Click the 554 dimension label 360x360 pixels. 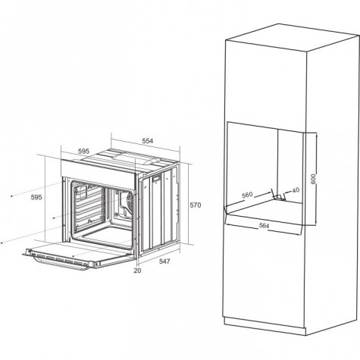[x=148, y=141]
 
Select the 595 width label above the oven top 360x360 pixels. [x=83, y=151]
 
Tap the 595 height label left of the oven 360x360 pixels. [x=36, y=197]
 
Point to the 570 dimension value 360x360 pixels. [x=196, y=205]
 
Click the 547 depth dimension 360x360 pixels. [x=164, y=261]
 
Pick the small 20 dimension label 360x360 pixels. [x=137, y=271]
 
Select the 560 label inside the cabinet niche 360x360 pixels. [x=247, y=195]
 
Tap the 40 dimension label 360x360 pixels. [x=296, y=190]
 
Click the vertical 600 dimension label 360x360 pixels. [x=313, y=179]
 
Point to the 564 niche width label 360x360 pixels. [x=264, y=226]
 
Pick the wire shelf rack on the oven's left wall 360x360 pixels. [x=89, y=206]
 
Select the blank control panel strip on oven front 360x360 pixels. [x=98, y=171]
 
